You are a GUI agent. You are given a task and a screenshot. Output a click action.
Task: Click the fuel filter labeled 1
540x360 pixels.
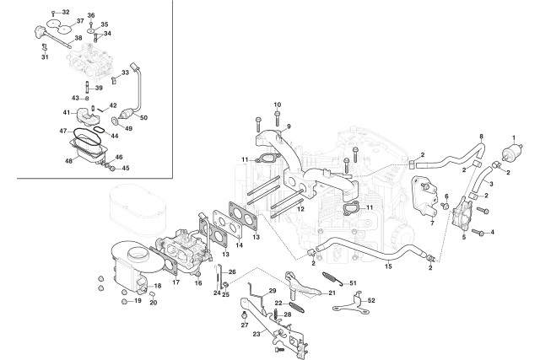(x=512, y=152)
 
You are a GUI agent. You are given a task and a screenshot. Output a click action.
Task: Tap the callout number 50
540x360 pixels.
(x=143, y=118)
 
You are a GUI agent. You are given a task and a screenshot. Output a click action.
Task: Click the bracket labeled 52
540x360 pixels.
(x=351, y=303)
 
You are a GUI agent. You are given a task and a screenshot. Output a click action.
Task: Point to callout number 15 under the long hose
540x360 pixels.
(x=388, y=266)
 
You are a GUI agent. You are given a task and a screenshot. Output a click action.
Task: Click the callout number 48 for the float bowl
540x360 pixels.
(x=69, y=161)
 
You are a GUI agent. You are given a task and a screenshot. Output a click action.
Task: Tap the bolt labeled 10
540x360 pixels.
(x=278, y=118)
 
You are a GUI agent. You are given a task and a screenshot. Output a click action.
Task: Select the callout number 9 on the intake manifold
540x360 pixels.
(x=289, y=126)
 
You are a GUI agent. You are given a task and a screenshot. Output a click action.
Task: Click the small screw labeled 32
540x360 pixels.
(x=53, y=13)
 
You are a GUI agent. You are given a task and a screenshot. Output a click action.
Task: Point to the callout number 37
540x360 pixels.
(x=80, y=21)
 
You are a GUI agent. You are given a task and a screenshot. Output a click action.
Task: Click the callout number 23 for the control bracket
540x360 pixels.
(x=256, y=334)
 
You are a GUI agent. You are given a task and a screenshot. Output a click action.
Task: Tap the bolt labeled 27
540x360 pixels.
(x=245, y=315)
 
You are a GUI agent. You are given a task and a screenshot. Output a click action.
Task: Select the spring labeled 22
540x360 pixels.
(x=295, y=307)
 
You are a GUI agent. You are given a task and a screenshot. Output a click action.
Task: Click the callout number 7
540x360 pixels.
(x=432, y=223)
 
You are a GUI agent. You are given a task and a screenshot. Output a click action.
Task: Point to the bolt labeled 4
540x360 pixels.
(x=478, y=233)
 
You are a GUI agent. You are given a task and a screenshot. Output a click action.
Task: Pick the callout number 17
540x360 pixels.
(x=176, y=282)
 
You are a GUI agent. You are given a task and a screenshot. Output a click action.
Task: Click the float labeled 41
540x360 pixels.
(x=87, y=116)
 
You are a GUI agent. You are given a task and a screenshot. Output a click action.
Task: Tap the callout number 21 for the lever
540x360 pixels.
(x=332, y=293)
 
